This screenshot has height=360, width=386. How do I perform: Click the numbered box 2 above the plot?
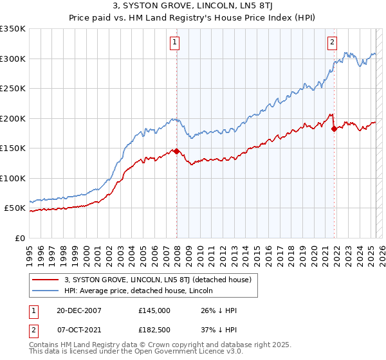pyautogui.click(x=332, y=43)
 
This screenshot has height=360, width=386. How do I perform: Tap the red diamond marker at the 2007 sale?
pyautogui.click(x=176, y=152)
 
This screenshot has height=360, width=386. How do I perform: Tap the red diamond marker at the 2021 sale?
pyautogui.click(x=334, y=129)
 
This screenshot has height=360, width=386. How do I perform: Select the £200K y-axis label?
pyautogui.click(x=13, y=118)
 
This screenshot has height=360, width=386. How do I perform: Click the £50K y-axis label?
pyautogui.click(x=15, y=208)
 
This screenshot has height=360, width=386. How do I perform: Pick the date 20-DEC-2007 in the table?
pyautogui.click(x=74, y=310)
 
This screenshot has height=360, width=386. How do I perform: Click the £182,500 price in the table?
pyautogui.click(x=154, y=330)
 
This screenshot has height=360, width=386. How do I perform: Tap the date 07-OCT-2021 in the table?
pyautogui.click(x=74, y=330)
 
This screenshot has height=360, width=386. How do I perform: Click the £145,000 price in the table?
pyautogui.click(x=154, y=310)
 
